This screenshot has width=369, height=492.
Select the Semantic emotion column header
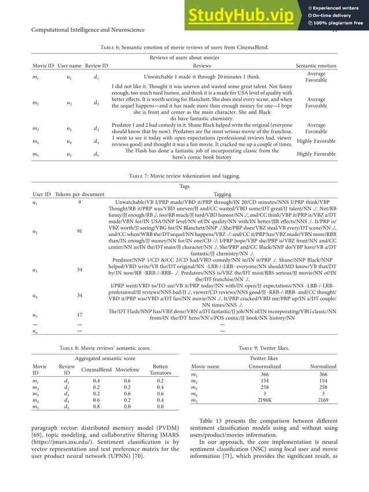(x=315, y=66)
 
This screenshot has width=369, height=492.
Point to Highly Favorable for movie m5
(x=316, y=154)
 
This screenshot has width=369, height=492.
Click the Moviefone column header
(x=127, y=369)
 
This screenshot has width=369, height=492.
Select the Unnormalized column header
(x=264, y=367)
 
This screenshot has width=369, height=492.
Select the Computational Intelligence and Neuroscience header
(x=87, y=29)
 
